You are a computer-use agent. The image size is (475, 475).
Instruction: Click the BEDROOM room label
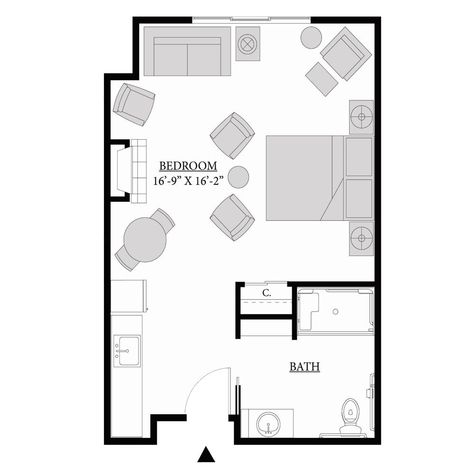[188, 166]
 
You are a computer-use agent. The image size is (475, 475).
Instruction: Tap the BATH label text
[305, 367]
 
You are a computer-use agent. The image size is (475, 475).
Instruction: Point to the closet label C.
[266, 293]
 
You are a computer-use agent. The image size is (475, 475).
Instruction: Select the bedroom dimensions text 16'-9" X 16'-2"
[188, 181]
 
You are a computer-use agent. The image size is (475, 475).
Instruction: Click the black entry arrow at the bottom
[206, 455]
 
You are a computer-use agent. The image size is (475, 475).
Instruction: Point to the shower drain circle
[335, 312]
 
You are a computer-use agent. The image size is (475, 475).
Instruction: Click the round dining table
[145, 239]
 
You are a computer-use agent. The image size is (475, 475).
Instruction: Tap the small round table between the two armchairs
[238, 177]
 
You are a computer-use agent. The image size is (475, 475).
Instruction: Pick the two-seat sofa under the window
[187, 51]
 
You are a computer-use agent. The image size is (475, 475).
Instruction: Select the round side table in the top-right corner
[311, 37]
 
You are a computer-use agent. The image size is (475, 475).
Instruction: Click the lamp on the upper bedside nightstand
[361, 117]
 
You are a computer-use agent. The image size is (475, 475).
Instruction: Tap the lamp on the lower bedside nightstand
[361, 238]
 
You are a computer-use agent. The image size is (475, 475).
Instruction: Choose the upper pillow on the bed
[359, 157]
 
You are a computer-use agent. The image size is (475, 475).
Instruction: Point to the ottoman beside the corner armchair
[322, 79]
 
